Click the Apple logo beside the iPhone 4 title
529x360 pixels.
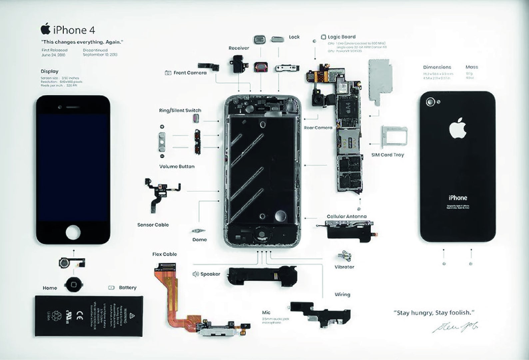[46, 29]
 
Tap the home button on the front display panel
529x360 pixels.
[73, 232]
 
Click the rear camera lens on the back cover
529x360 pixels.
[431, 102]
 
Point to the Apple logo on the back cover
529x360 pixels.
[458, 128]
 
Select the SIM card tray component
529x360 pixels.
[394, 136]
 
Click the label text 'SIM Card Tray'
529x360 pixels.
[387, 155]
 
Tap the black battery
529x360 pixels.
[89, 316]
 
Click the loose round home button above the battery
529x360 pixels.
[74, 284]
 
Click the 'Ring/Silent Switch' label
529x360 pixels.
[180, 110]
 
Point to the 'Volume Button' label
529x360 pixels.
[177, 167]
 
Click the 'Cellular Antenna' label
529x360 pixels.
[346, 216]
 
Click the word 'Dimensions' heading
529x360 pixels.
[437, 67]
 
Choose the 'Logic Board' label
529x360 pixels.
[341, 37]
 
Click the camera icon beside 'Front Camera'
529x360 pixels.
[168, 73]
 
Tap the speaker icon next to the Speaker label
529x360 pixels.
[196, 274]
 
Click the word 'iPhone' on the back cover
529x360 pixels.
[458, 198]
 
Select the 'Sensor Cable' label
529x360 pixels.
[153, 225]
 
